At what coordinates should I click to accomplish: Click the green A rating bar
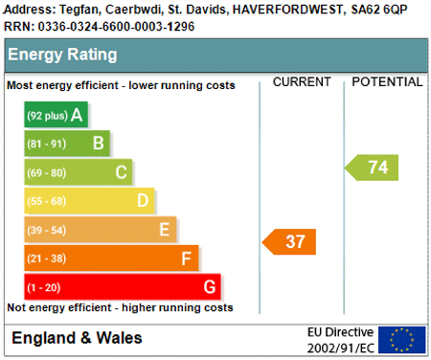(56, 115)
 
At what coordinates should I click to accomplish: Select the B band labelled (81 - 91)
(67, 144)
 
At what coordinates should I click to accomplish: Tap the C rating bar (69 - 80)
(79, 172)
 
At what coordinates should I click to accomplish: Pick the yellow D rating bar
(89, 201)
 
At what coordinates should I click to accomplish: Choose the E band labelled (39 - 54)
(101, 230)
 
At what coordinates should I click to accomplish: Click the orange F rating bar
(111, 259)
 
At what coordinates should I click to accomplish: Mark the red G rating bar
(123, 287)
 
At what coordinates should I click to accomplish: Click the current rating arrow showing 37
(289, 242)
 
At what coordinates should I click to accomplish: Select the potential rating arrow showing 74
(372, 168)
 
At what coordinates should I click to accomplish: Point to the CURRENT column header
(302, 82)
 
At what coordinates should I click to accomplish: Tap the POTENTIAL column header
(387, 82)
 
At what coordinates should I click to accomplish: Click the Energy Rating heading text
(62, 55)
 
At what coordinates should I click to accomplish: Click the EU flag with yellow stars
(402, 340)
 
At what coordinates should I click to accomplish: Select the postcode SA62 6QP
(379, 10)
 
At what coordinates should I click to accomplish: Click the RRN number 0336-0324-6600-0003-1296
(116, 27)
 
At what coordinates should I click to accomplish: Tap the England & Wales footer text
(77, 338)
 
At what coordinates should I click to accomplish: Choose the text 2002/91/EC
(341, 348)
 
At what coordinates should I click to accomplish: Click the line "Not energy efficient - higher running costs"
(120, 307)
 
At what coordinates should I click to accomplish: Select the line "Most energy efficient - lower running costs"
(121, 85)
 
